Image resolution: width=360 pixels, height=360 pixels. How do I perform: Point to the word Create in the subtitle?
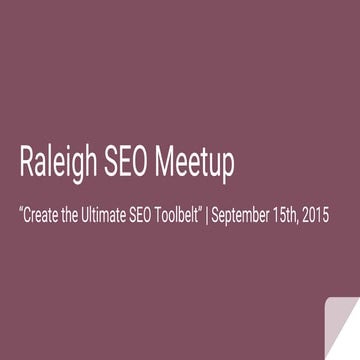[43, 214]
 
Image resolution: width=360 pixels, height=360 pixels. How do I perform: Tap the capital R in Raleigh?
[27, 160]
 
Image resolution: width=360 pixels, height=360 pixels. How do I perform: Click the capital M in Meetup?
[172, 160]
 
